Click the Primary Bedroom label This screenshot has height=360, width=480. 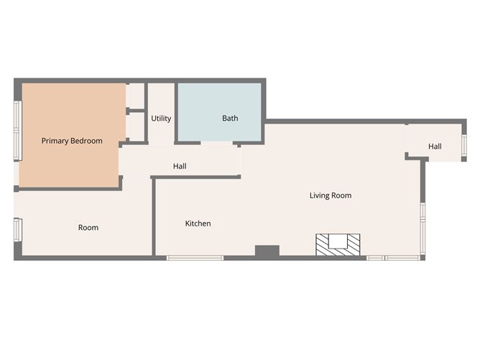tap(72, 141)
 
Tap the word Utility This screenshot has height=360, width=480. tap(161, 119)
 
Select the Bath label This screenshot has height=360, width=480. tap(230, 119)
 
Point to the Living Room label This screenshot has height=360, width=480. tap(331, 195)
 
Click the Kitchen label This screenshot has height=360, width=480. tap(198, 223)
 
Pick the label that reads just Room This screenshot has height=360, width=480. tap(88, 228)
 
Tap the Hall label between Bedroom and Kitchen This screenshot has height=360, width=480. tap(180, 167)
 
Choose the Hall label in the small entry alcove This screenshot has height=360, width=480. tap(435, 147)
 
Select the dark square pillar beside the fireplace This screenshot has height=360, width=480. tap(267, 251)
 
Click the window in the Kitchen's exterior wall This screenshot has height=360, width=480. tap(195, 257)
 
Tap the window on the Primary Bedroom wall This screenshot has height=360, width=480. tap(17, 129)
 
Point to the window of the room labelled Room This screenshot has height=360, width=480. tap(17, 231)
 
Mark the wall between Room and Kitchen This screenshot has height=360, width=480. tap(153, 216)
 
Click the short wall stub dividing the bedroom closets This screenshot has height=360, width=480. tap(128, 111)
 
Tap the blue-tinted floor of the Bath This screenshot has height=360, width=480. tap(216, 101)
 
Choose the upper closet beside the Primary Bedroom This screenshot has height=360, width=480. tap(136, 96)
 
